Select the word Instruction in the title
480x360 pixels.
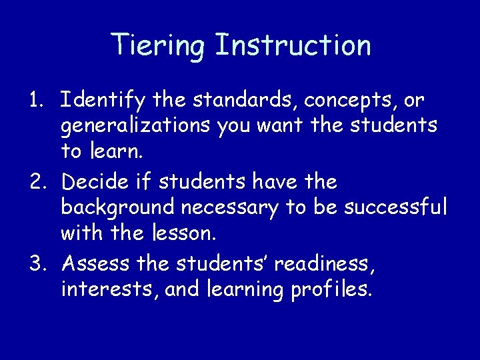[293, 45]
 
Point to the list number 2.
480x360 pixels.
[37, 182]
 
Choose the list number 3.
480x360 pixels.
[37, 264]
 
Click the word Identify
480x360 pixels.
[103, 101]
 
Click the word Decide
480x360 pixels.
[95, 182]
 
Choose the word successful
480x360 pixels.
[395, 208]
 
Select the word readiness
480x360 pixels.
[325, 264]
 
